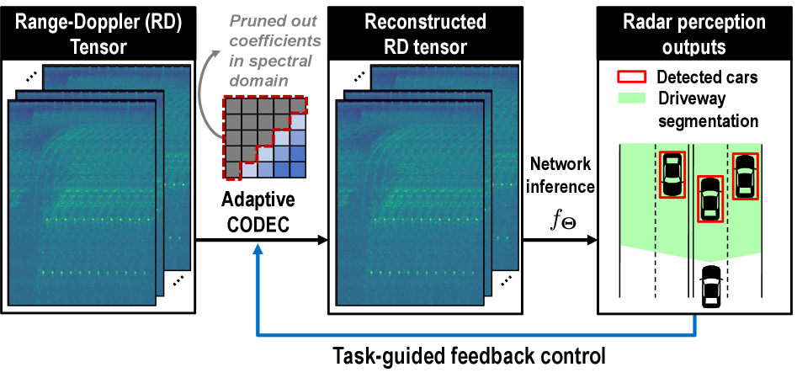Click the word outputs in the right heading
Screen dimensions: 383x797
point(693,47)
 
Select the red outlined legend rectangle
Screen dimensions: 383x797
point(632,77)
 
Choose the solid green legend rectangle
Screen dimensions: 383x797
point(632,98)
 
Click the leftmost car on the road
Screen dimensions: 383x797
point(672,174)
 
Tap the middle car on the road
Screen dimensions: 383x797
point(710,199)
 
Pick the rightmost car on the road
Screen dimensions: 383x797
point(745,176)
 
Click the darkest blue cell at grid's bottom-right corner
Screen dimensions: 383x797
point(296,169)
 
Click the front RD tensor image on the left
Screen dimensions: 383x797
point(82,203)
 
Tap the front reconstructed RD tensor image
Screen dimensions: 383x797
point(411,203)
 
